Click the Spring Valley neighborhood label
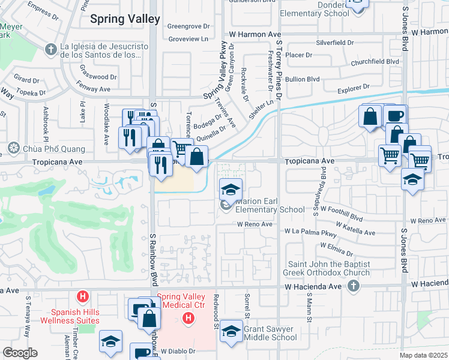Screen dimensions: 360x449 pos(125,19)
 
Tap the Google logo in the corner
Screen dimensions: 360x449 pos(20,353)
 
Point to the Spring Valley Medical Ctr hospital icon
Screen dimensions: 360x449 pos(188,317)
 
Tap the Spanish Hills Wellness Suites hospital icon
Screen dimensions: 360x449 pos(83,296)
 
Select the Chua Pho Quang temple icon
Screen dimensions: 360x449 pos(13,148)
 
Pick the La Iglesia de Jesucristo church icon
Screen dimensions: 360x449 pos(50,47)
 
